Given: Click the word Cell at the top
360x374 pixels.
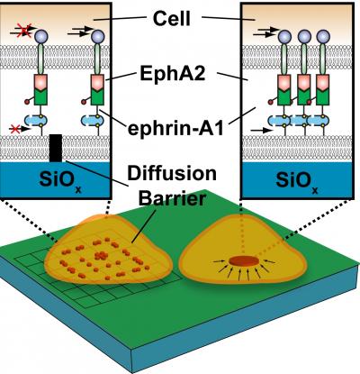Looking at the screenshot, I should [180, 17].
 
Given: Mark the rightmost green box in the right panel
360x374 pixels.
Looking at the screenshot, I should [319, 90].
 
